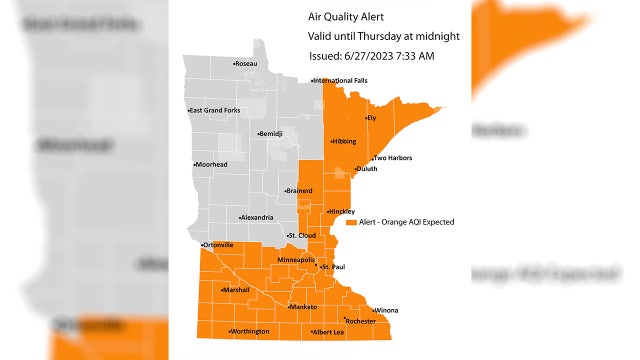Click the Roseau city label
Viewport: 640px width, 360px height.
tap(246, 64)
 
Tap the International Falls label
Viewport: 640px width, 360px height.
tap(340, 80)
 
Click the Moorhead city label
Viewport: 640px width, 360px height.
tap(211, 164)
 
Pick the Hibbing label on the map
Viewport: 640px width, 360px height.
tap(344, 141)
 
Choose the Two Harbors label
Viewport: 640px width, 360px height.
tap(393, 158)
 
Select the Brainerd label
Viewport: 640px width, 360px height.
tap(299, 190)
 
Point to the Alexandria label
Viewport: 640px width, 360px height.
tap(257, 217)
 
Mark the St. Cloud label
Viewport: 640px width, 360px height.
tap(303, 236)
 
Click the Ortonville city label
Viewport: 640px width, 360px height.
tap(218, 245)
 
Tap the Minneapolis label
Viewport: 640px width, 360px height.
tap(296, 260)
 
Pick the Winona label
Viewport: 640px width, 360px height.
tap(386, 310)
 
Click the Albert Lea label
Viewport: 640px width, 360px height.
tap(329, 331)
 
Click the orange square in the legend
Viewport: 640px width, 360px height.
tap(352, 222)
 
